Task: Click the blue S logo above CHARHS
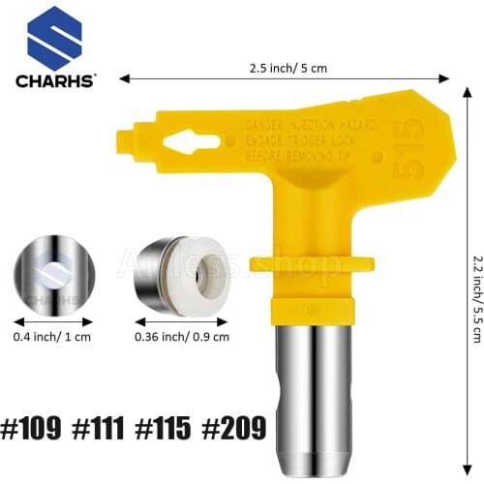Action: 54,38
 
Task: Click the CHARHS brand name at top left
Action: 55,81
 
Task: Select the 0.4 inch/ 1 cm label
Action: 54,310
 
